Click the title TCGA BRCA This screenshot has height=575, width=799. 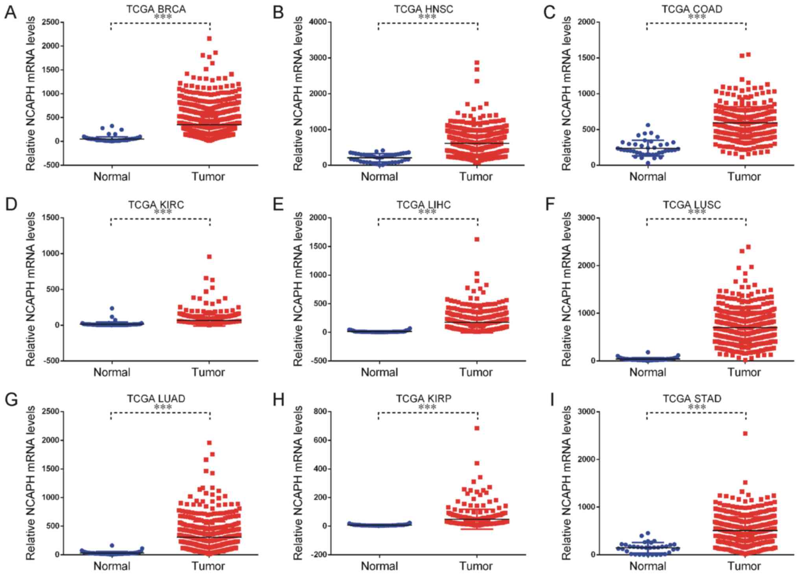(x=156, y=9)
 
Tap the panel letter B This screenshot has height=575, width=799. (x=278, y=13)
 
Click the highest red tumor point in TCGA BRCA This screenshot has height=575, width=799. (x=209, y=39)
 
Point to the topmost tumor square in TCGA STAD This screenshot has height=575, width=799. (x=745, y=434)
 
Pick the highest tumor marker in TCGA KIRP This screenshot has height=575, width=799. (x=477, y=428)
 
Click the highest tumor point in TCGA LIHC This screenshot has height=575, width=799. (x=477, y=239)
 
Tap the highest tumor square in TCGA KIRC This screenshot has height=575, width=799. (x=209, y=257)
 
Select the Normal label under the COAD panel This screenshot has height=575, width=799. (x=648, y=177)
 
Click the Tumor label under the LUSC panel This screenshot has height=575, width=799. (x=744, y=372)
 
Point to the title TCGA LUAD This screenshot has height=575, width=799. (x=156, y=399)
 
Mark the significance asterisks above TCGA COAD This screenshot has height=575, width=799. (x=697, y=17)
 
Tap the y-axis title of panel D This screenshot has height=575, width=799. (x=31, y=289)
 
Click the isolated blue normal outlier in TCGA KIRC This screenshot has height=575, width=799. (x=112, y=309)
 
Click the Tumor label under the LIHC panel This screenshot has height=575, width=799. (x=476, y=372)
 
